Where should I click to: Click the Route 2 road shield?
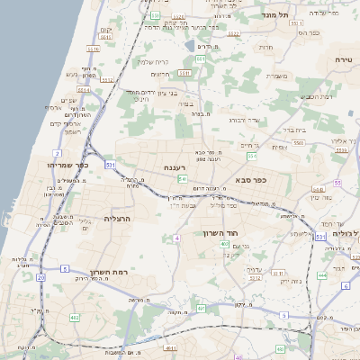tap(58, 154)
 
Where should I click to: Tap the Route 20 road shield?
tap(40, 278)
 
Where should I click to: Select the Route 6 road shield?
tap(345, 285)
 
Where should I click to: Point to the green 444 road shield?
tap(322, 275)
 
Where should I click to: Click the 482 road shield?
tap(75, 318)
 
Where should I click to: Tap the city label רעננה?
tap(175, 167)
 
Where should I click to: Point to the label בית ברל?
tap(293, 130)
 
